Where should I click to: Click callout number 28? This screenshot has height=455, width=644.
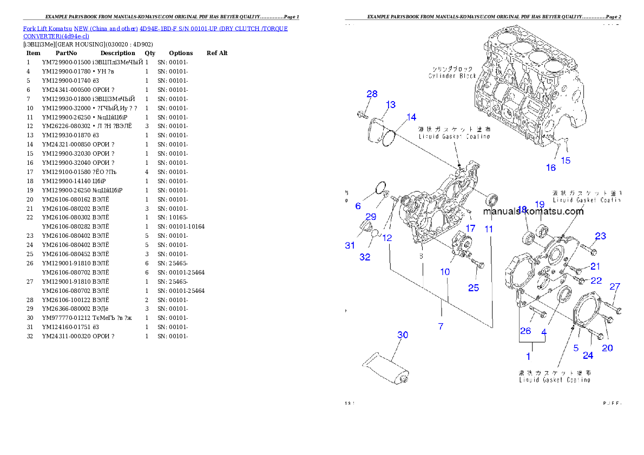coord(372,94)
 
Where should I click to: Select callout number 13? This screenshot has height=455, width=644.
coord(390,105)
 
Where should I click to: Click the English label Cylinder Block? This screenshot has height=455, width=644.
coord(452,76)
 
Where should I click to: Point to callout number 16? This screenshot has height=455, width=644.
coord(550,168)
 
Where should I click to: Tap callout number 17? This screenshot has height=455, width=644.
coord(471,229)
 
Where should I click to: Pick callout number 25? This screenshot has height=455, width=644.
coord(474,288)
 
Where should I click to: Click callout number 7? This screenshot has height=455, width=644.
coord(441,326)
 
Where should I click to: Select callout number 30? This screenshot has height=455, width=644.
coord(403,335)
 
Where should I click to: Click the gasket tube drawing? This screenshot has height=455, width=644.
coord(387,368)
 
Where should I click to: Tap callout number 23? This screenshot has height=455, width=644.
coord(600,236)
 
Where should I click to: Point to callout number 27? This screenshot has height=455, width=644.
coord(615,287)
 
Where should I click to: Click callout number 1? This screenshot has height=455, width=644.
coord(528,356)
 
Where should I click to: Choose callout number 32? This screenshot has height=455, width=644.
coord(365,257)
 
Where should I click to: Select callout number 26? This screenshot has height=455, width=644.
coord(525,331)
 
